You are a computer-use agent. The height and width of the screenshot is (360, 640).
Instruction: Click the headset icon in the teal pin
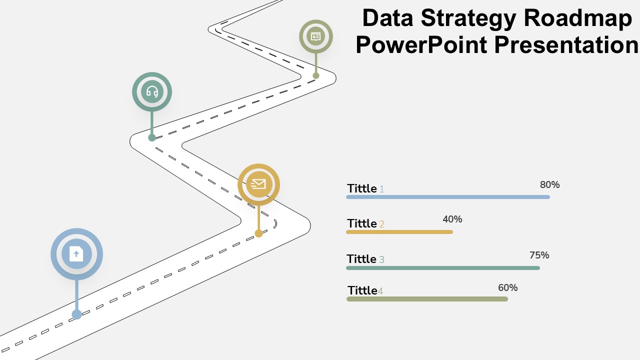pyautogui.click(x=152, y=91)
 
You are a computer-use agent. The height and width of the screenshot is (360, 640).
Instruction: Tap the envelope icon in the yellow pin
pyautogui.click(x=258, y=184)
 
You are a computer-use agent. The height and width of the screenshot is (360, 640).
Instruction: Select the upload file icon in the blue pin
pyautogui.click(x=76, y=253)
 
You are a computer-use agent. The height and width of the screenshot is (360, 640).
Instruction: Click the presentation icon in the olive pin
pyautogui.click(x=315, y=36)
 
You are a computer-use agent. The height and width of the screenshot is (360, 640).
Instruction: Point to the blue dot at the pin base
pyautogui.click(x=76, y=314)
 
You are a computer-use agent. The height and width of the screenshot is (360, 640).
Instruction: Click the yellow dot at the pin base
pyautogui.click(x=258, y=233)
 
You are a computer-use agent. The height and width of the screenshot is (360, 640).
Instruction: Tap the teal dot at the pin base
pyautogui.click(x=152, y=137)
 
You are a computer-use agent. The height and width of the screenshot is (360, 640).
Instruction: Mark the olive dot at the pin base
pyautogui.click(x=315, y=75)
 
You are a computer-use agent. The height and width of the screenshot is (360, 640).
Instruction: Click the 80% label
pyautogui.click(x=549, y=184)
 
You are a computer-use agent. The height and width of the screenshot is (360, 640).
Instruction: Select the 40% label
pyautogui.click(x=452, y=219)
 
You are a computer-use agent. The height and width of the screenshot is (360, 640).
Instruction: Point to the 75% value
pyautogui.click(x=539, y=255)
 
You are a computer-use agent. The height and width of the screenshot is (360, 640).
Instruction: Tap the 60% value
pyautogui.click(x=507, y=287)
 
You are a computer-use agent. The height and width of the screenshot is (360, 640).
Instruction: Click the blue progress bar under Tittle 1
pyautogui.click(x=448, y=197)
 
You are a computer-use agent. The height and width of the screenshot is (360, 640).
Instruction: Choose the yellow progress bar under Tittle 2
pyautogui.click(x=399, y=232)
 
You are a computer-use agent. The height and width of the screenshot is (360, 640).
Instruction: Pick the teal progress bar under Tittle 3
pyautogui.click(x=443, y=268)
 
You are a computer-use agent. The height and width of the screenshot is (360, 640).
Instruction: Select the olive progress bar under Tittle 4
pyautogui.click(x=427, y=299)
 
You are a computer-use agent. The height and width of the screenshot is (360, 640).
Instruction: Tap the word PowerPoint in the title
pyautogui.click(x=421, y=44)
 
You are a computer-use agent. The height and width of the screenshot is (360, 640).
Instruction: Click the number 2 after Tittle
pyautogui.click(x=381, y=224)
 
